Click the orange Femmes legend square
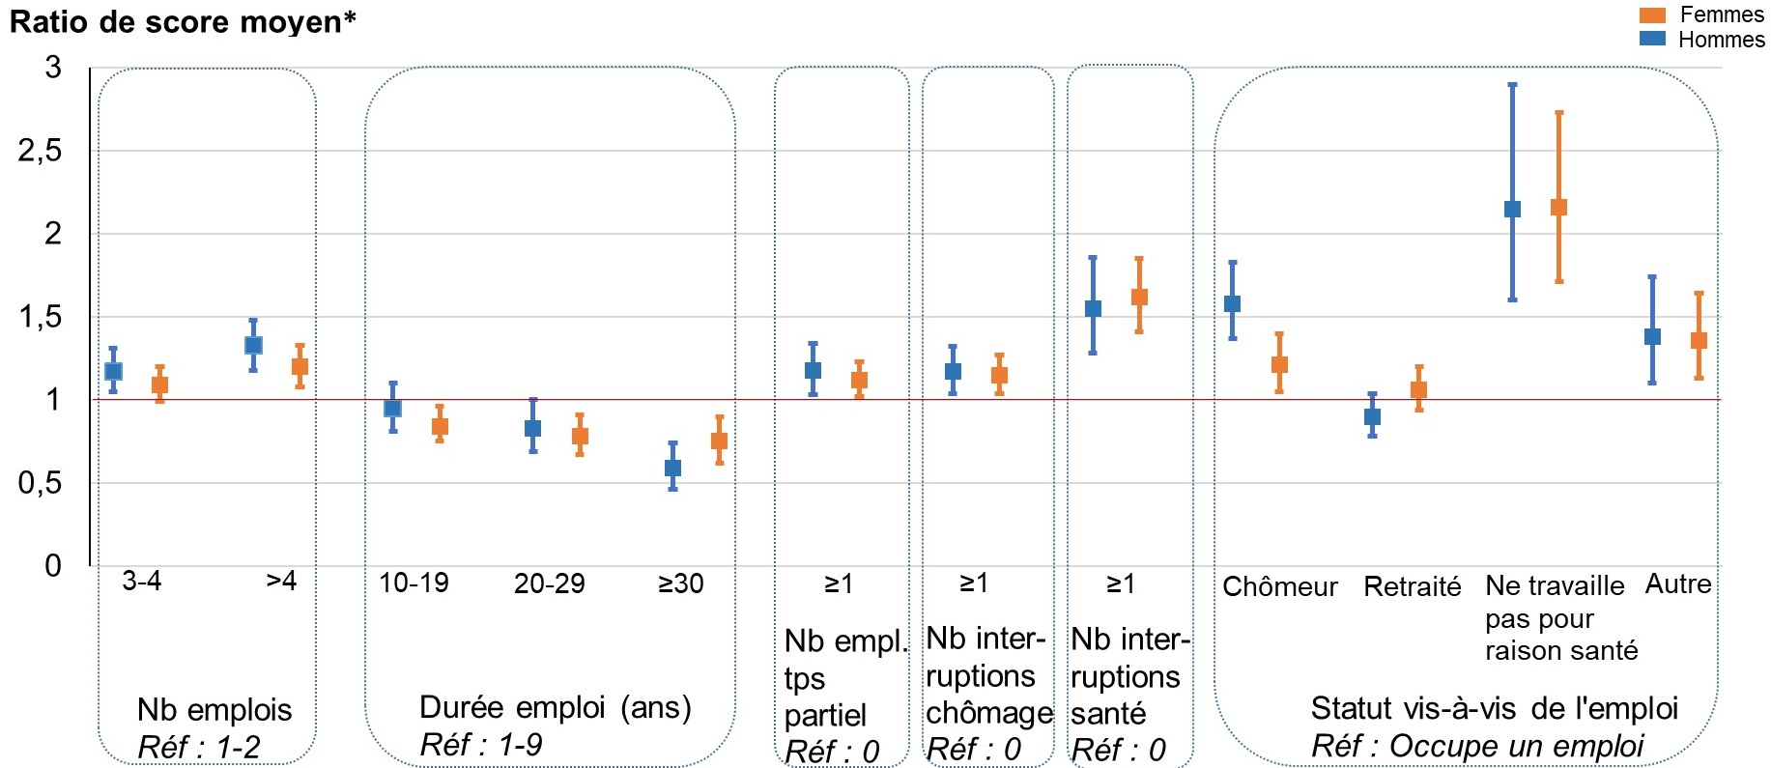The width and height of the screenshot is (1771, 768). [1653, 15]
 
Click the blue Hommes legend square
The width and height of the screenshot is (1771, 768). [1653, 39]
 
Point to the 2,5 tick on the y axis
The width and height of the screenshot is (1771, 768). [40, 151]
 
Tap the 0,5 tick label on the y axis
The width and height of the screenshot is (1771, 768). [40, 483]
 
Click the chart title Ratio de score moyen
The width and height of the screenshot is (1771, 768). [183, 21]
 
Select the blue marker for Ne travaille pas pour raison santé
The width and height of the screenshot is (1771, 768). [1513, 209]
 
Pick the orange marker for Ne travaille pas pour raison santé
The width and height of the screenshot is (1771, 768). [1558, 207]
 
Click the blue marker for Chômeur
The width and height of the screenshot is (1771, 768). [1232, 303]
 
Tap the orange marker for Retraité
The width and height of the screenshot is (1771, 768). [1418, 390]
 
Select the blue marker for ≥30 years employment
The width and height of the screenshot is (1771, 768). [672, 468]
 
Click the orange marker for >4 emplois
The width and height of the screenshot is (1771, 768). [300, 366]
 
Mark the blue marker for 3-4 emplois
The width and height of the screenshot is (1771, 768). [113, 371]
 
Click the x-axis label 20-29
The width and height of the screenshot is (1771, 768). [549, 583]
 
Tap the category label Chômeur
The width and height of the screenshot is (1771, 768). [1279, 586]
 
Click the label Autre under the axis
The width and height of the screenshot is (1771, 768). [1677, 583]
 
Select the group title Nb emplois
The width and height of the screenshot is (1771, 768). [214, 709]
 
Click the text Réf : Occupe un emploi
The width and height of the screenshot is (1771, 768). [1477, 746]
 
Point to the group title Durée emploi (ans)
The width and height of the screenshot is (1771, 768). [556, 707]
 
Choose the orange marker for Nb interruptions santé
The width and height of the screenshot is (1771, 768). [1139, 297]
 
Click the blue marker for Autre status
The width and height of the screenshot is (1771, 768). [1652, 336]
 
